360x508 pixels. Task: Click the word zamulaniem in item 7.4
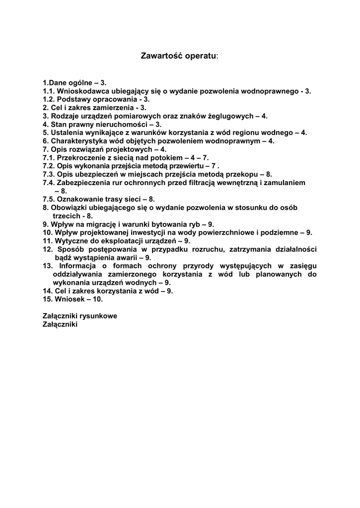point(284,183)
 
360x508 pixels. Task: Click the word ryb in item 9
point(192,224)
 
